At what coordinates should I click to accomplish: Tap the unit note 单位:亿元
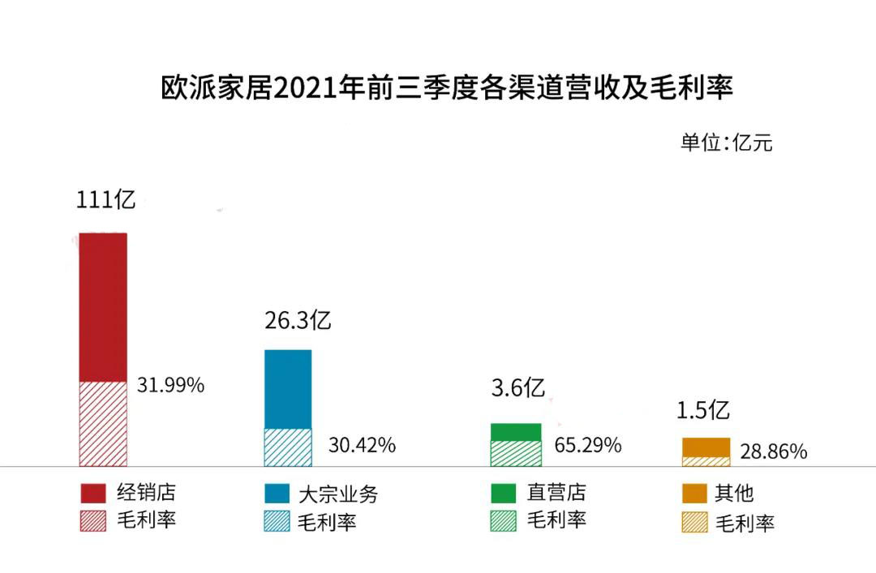(726, 143)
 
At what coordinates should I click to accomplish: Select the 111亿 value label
(105, 200)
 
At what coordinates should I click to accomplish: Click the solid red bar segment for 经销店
(103, 306)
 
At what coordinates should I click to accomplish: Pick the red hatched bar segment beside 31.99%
(103, 423)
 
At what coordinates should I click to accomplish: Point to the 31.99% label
(170, 386)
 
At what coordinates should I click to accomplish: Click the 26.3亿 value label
(298, 320)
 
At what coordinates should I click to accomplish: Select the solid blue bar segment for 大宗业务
(288, 389)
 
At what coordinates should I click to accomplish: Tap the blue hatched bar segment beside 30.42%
(288, 447)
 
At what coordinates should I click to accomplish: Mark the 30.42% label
(362, 445)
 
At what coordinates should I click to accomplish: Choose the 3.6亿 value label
(517, 387)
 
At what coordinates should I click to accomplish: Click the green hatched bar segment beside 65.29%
(516, 453)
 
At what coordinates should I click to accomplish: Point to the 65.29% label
(587, 445)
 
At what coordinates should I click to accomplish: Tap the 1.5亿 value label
(703, 410)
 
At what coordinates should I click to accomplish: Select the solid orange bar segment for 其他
(706, 447)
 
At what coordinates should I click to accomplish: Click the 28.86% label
(773, 451)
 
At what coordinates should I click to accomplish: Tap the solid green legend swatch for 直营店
(503, 493)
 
